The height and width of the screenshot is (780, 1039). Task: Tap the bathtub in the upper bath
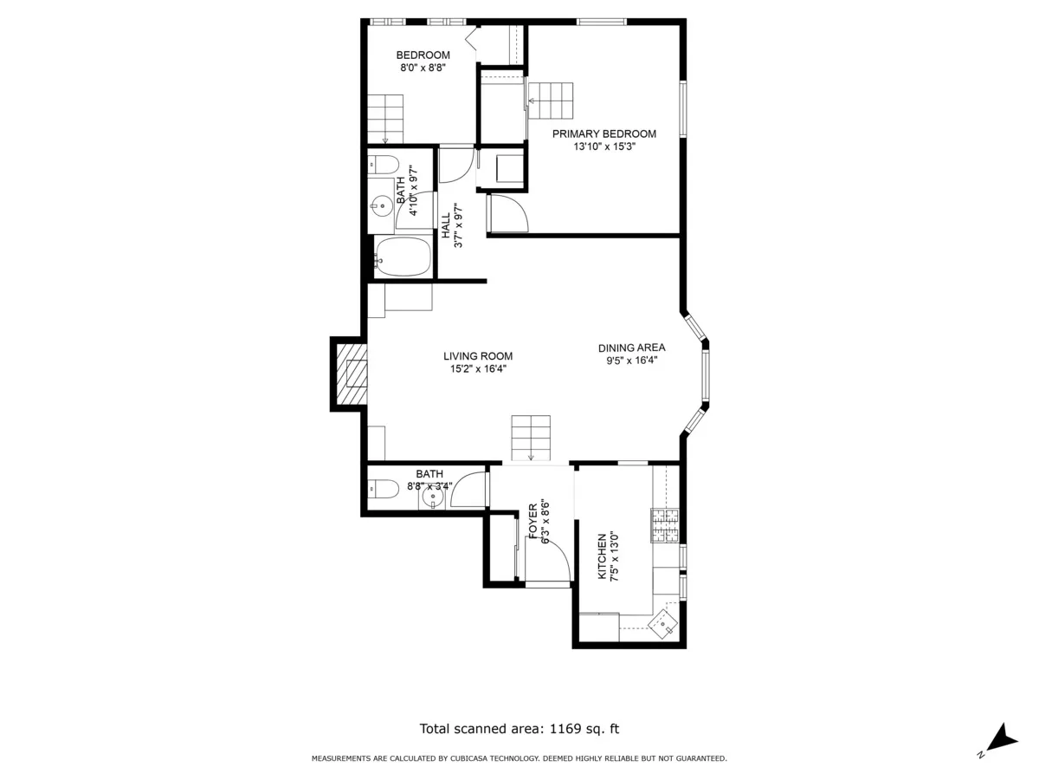pos(403,257)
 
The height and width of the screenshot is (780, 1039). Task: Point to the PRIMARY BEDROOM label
pos(603,133)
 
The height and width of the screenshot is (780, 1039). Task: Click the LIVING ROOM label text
pos(477,355)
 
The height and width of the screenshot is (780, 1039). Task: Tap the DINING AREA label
pos(631,348)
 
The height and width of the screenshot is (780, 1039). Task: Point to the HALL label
pos(446,226)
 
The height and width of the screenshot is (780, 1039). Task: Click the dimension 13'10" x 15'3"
pos(603,147)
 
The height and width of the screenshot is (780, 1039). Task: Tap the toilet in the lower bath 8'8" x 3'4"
pos(383,490)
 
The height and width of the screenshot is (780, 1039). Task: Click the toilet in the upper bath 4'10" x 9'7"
pos(382,164)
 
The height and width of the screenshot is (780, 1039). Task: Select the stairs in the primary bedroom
pos(551,101)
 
